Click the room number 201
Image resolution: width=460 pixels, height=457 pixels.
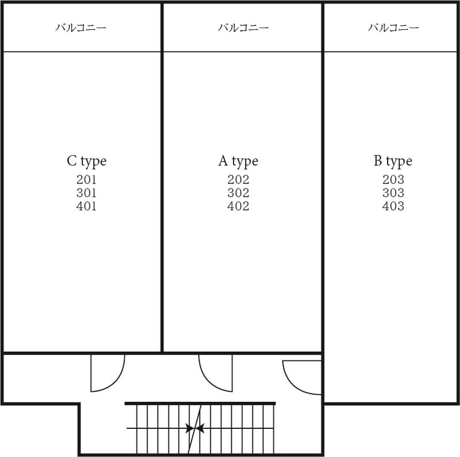[x=86, y=180]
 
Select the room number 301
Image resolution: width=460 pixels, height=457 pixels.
[x=86, y=193]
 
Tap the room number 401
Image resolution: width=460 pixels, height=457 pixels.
[x=86, y=206]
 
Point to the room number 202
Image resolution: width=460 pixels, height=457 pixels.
[x=238, y=180]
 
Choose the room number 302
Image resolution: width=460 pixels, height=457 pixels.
[x=238, y=193]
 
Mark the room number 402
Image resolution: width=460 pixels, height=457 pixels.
[x=238, y=206]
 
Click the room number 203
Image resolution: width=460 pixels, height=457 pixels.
[x=393, y=180]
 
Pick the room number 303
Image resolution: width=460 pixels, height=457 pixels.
[x=393, y=193]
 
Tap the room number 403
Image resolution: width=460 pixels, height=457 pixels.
[x=393, y=206]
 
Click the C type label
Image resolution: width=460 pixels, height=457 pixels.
[x=86, y=162]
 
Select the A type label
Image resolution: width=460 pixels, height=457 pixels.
[x=238, y=162]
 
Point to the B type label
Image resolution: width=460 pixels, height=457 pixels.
[x=393, y=162]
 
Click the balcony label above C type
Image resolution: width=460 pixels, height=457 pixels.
[x=80, y=28]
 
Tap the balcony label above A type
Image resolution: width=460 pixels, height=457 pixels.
[x=243, y=28]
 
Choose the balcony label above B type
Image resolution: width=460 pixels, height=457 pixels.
[x=393, y=28]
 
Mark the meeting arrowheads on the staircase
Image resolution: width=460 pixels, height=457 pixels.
[x=195, y=428]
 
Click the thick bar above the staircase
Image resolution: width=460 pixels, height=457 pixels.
[x=200, y=404]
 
